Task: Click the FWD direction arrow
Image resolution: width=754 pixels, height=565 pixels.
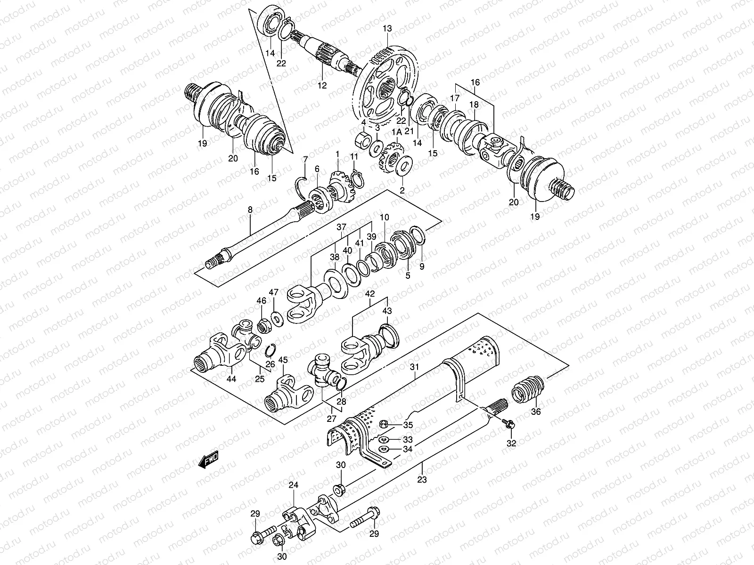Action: tap(209, 459)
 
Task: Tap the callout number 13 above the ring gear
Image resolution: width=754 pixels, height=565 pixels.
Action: tap(387, 29)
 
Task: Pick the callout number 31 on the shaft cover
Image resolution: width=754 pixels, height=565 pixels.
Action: tap(414, 366)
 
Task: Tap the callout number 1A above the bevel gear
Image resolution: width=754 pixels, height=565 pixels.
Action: tap(396, 133)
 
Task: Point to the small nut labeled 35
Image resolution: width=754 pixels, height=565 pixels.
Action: tap(383, 425)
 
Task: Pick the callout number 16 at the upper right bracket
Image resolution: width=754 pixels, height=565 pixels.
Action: tap(475, 82)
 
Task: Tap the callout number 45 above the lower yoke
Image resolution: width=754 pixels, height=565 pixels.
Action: tap(283, 361)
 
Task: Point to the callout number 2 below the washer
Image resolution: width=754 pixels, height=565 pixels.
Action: tap(402, 191)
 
